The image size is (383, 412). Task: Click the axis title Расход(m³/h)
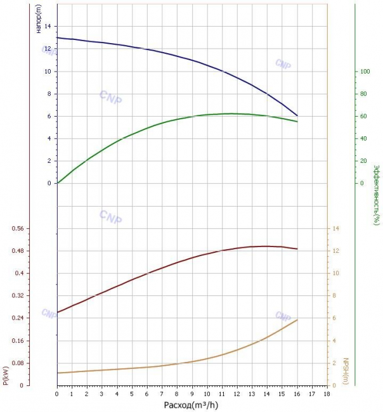(x=191, y=405)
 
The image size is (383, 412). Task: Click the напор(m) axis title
(x=39, y=19)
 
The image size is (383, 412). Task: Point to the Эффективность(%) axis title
(x=377, y=195)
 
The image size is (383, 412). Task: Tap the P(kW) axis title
(x=6, y=376)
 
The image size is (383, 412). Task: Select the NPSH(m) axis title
(x=346, y=371)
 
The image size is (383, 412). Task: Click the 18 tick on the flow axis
(x=327, y=394)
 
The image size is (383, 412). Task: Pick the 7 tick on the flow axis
(x=162, y=394)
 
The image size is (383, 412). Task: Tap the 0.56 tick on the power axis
(x=18, y=228)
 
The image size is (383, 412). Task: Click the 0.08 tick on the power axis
(x=18, y=363)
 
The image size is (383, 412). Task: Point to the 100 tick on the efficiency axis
(x=365, y=71)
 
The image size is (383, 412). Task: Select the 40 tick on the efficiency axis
(x=363, y=138)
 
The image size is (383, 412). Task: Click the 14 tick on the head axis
(x=48, y=26)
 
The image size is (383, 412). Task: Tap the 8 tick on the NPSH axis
(x=334, y=295)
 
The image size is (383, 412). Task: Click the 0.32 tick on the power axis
(x=18, y=295)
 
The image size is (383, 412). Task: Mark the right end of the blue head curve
(x=297, y=115)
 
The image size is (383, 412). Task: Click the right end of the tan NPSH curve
(x=297, y=319)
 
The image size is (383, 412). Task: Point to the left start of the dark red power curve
(x=57, y=312)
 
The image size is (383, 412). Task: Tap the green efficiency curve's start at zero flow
(x=58, y=183)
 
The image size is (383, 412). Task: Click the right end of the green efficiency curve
(x=297, y=122)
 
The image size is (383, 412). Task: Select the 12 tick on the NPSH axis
(x=335, y=250)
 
